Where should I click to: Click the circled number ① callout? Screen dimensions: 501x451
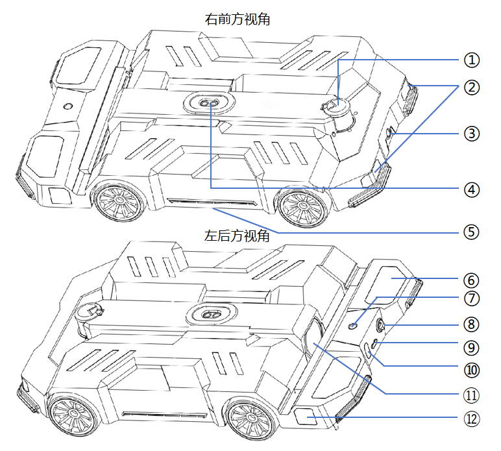click(472, 60)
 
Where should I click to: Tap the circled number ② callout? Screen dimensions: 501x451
click(472, 87)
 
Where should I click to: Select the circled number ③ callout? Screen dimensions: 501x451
click(472, 134)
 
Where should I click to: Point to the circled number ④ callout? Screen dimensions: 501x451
click(472, 190)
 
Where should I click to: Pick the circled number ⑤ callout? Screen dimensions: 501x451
click(472, 232)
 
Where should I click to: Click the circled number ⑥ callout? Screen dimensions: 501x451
click(472, 280)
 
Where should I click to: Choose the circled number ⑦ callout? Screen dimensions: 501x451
click(472, 299)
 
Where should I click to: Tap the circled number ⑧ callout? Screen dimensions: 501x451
click(472, 324)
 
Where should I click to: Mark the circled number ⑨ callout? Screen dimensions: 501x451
click(472, 348)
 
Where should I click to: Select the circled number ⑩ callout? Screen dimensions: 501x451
click(472, 370)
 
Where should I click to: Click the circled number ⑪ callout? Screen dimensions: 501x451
click(472, 395)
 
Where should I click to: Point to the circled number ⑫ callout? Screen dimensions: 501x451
click(472, 419)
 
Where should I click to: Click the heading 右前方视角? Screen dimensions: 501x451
click(238, 19)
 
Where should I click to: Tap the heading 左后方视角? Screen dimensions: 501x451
click(237, 236)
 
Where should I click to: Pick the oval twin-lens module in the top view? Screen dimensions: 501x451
click(209, 103)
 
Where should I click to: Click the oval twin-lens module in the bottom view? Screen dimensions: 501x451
click(211, 314)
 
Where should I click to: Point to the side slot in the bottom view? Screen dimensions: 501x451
click(164, 415)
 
